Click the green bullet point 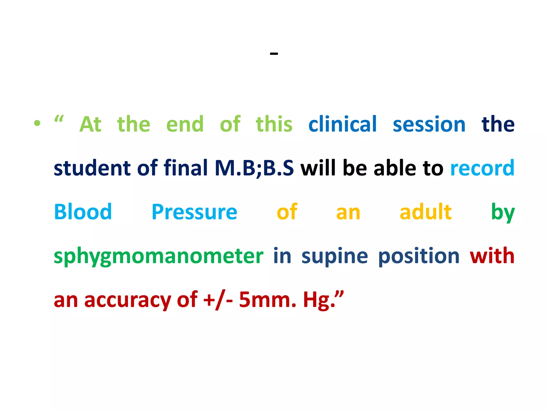click(37, 123)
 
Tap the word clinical click(342, 124)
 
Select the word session click(429, 125)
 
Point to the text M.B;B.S click(254, 168)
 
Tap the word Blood click(83, 212)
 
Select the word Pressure click(194, 212)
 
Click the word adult click(425, 212)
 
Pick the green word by click(503, 213)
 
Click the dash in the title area click(274, 54)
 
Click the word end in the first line click(185, 124)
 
